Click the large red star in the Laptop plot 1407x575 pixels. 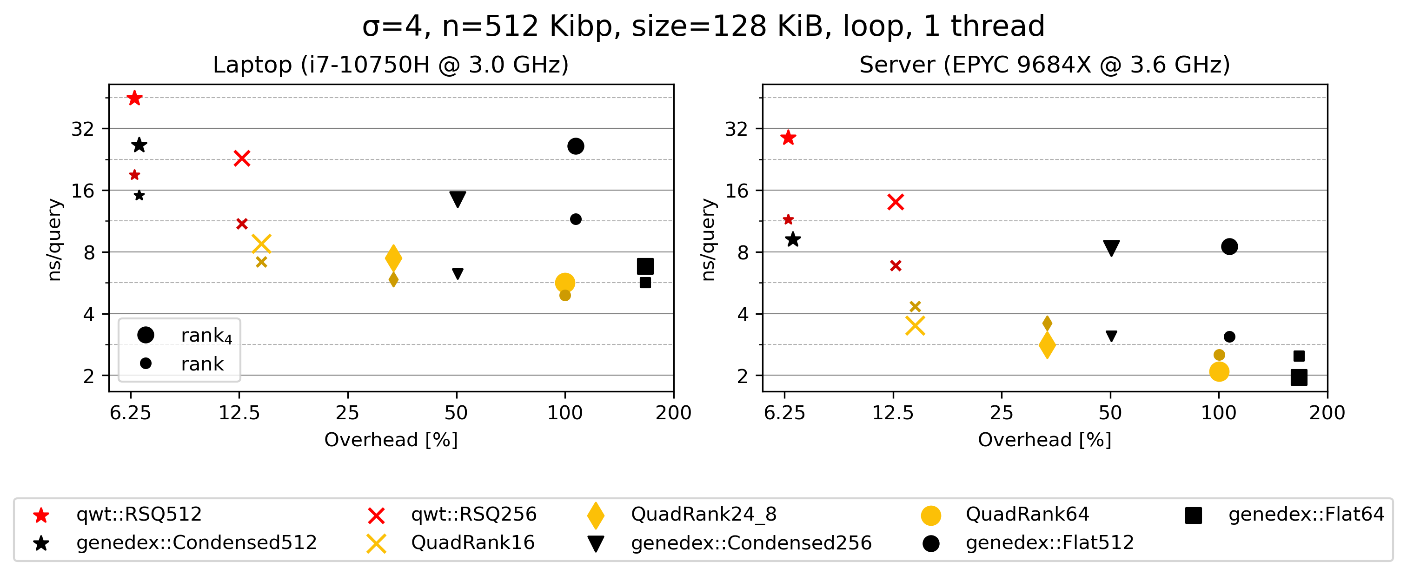coord(134,98)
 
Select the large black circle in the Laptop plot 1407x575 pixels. coord(576,146)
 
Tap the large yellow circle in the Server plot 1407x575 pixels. coord(1219,372)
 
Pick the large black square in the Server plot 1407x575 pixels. coord(1299,377)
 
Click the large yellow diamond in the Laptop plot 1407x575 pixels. coord(393,258)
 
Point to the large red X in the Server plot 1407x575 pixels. coord(896,202)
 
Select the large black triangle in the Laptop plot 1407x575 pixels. coord(458,199)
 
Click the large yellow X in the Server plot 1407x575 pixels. coord(915,326)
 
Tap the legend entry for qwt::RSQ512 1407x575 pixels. coord(139,515)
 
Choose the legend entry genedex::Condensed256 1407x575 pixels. coord(751,543)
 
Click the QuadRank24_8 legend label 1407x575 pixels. coord(703,515)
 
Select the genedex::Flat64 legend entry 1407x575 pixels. coord(1306,515)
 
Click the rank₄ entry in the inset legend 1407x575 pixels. coord(206,335)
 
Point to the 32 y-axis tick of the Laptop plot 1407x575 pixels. coord(83,129)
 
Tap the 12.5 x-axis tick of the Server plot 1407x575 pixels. coord(893,413)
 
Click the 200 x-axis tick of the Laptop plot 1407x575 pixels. coord(673,413)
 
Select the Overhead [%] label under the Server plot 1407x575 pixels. coord(1044,440)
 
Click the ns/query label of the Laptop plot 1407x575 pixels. coord(54,240)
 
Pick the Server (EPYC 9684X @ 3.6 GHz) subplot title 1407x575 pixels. coord(1044,65)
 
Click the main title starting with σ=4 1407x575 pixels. coord(703,26)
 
